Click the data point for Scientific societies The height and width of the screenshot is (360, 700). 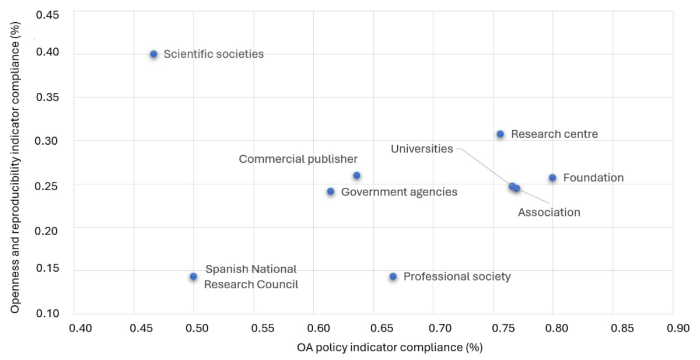pos(153,54)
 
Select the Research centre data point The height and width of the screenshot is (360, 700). pos(500,134)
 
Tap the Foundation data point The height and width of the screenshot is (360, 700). pos(552,178)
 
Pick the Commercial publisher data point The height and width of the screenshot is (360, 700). pos(356,176)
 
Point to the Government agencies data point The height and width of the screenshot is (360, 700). pos(331,191)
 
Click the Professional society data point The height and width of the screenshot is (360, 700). pos(393,277)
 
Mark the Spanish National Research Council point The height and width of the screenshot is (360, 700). pos(193,277)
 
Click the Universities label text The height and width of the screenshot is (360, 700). pos(422,149)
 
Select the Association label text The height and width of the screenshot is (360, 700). pos(549,212)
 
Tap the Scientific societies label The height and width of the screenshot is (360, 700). pos(213,54)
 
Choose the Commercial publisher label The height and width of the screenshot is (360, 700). pos(298,159)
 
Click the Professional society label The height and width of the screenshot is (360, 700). pos(457,277)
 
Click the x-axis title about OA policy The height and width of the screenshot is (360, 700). pos(390,348)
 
